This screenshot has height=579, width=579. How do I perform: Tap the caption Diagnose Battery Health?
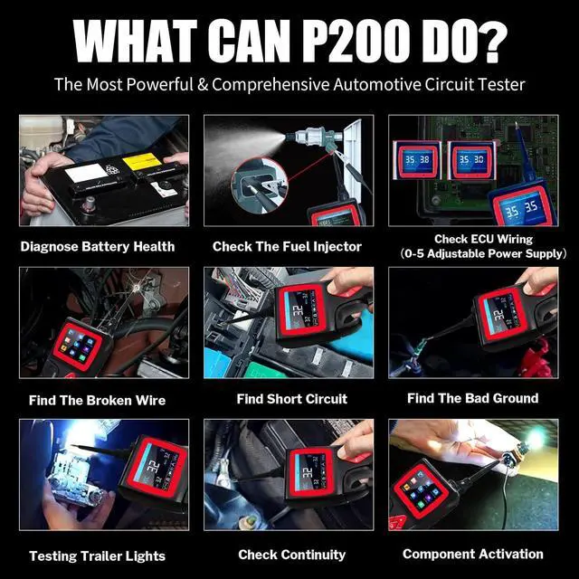(x=98, y=246)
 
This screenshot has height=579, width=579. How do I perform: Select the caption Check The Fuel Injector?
(x=287, y=246)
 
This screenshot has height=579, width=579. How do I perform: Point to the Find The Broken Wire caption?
(x=98, y=400)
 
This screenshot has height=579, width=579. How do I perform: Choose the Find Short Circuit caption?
(x=291, y=399)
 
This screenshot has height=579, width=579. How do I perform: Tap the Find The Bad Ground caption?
(x=472, y=398)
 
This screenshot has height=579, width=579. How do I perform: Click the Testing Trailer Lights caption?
(x=97, y=556)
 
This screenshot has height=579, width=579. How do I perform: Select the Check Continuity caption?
(x=291, y=555)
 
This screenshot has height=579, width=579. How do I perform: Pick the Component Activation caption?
(x=473, y=554)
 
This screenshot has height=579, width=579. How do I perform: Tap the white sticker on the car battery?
(x=84, y=172)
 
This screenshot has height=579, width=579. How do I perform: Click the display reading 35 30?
(x=471, y=159)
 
